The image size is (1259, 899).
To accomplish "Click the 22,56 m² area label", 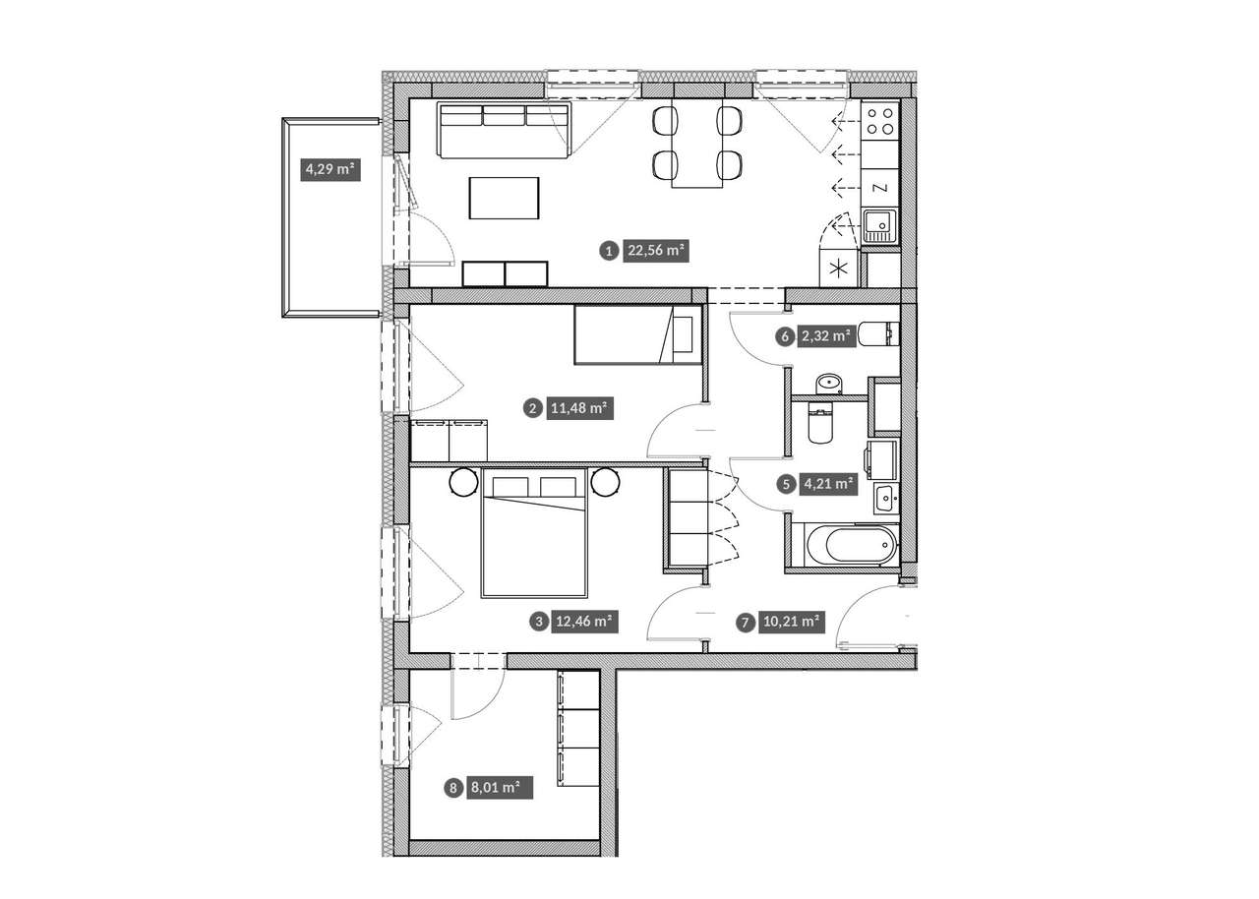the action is coord(655,251).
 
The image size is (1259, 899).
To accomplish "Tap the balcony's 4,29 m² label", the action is coord(330,169).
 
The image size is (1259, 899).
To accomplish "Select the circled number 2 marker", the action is coord(532,408).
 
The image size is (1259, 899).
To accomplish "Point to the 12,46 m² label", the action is coord(584,622).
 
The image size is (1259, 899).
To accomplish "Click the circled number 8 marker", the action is coord(453,788).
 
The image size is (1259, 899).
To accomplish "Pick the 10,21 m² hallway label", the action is coord(792,622).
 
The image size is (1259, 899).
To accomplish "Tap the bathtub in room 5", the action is coord(852,545).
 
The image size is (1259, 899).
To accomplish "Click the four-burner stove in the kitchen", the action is coord(880,121).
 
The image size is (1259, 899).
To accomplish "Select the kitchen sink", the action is coord(880,226).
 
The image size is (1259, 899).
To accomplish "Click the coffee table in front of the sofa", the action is coord(505,198).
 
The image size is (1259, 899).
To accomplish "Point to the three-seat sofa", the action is coord(505,131).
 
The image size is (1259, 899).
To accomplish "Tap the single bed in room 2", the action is coord(638,334).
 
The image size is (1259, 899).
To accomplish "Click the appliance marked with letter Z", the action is coord(880,188).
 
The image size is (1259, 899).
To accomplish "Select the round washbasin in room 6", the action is coord(828,384).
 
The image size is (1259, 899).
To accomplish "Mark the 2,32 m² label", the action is coord(825,336).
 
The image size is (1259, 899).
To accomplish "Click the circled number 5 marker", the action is coord(786,484).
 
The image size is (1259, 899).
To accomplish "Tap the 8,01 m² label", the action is coord(500,788).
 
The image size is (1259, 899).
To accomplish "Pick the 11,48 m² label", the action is coord(579,408).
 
